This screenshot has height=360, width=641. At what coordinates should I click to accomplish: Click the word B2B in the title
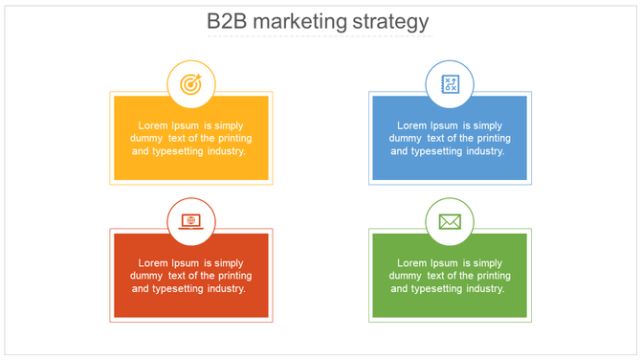229,22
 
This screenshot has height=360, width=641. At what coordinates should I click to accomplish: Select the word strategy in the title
394,22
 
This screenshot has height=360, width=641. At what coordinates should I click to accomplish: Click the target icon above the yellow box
191,84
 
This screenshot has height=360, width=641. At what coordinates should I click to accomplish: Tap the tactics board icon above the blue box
450,84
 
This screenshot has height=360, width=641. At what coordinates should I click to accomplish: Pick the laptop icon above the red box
191,221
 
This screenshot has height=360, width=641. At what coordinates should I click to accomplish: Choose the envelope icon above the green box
450,222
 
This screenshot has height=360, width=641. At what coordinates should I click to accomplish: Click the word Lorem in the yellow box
154,125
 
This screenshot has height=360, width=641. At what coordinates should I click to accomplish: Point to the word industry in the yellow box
223,151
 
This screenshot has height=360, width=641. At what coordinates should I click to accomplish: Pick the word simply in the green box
486,263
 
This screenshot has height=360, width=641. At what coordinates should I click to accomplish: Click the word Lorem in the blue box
412,125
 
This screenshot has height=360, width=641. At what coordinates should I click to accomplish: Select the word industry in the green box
481,289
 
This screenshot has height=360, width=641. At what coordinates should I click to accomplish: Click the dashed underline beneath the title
320,36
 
